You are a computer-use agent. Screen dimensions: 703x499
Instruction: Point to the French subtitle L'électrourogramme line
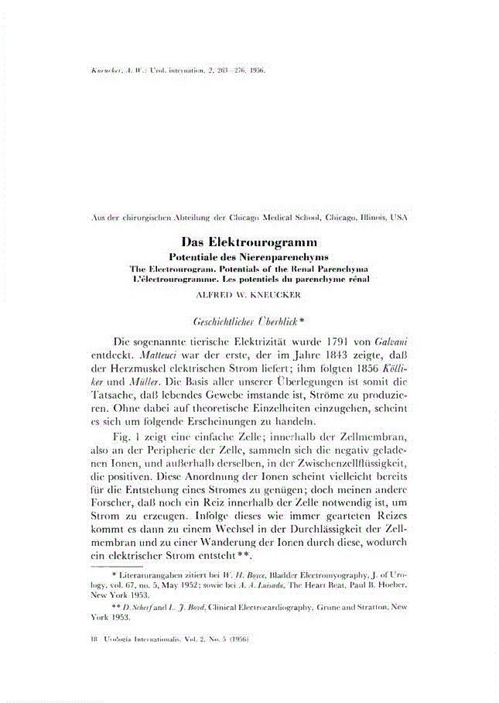pos(249,276)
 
